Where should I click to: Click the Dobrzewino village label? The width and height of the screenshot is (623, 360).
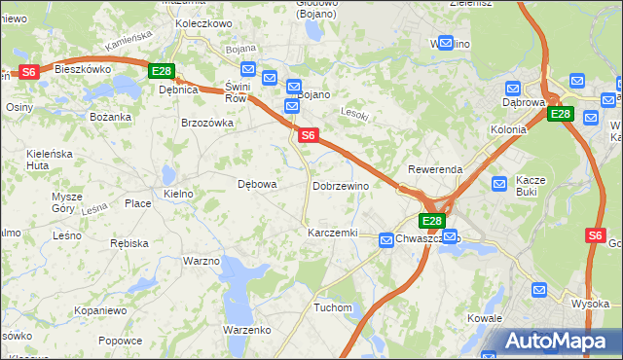click(340, 186)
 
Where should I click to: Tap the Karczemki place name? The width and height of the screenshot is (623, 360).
click(332, 234)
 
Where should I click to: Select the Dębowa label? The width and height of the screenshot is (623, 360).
click(258, 183)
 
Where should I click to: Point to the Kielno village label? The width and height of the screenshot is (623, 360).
click(178, 194)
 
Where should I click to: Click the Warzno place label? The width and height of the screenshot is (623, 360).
click(201, 261)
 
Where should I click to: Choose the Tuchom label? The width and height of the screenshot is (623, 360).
click(332, 307)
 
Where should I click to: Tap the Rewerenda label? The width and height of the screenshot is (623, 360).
click(435, 169)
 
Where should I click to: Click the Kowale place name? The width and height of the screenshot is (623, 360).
click(484, 318)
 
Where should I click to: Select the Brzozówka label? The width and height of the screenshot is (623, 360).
click(207, 124)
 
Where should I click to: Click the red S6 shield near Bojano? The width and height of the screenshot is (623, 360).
click(308, 136)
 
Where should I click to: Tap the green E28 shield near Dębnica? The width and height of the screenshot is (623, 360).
click(162, 71)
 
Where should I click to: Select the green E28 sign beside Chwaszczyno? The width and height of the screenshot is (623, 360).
click(433, 222)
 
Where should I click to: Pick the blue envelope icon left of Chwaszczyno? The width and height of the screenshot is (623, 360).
click(385, 238)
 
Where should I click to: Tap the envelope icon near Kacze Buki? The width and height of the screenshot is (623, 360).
click(499, 183)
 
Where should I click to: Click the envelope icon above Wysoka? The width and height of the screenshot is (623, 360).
click(541, 289)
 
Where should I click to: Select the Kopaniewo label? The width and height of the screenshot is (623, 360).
click(100, 310)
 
